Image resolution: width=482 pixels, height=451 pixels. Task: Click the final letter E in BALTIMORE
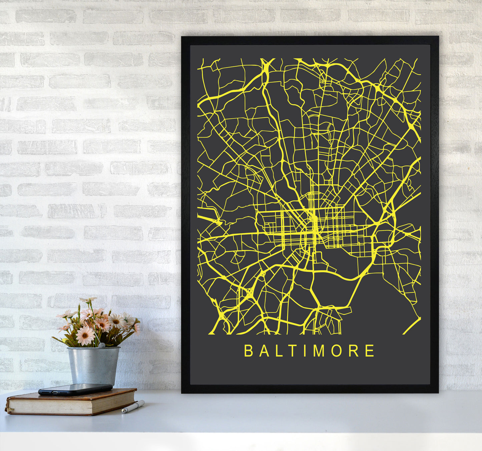point(370,351)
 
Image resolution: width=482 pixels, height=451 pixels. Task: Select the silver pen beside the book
point(133,407)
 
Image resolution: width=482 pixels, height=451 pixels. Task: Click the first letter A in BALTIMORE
point(263,351)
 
